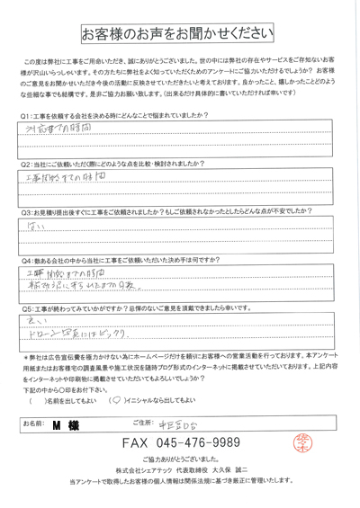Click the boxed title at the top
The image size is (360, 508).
179,34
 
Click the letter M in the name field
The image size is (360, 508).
58,423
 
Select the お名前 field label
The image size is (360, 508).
31,423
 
